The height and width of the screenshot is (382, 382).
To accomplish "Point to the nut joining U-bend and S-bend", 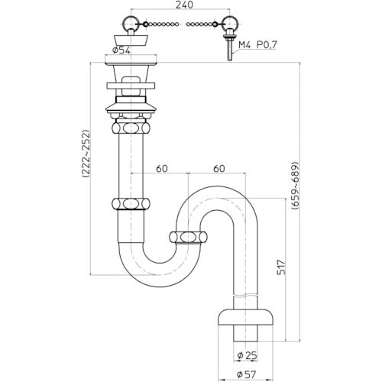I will point(186,237).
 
